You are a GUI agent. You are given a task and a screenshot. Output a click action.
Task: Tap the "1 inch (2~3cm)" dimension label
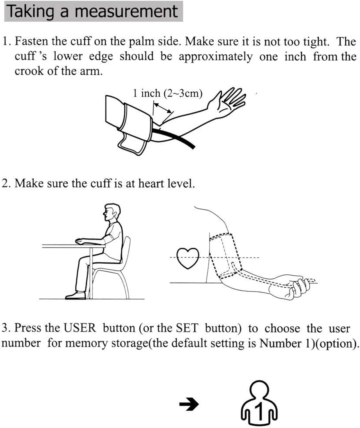tap(167, 93)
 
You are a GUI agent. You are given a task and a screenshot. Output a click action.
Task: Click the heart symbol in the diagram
tap(187, 258)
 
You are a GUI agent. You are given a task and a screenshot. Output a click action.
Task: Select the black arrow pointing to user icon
tap(189, 404)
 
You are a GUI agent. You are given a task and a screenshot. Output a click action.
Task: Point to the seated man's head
tap(111, 212)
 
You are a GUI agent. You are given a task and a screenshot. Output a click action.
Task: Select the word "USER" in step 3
tap(80, 328)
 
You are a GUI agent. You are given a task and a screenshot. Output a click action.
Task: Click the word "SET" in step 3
tap(187, 328)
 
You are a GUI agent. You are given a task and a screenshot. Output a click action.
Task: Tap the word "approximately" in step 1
tap(215, 56)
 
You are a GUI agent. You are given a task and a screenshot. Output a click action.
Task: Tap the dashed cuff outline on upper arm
tap(225, 254)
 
